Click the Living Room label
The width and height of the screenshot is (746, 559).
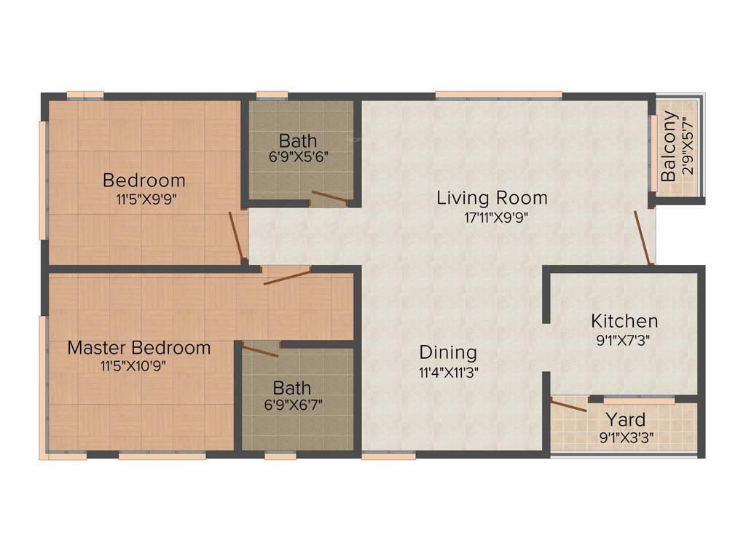[492, 197]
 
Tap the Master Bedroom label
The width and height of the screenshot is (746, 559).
[138, 348]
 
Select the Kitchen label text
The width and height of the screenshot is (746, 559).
[624, 320]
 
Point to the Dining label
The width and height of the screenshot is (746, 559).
[448, 353]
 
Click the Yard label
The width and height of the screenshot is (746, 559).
[626, 420]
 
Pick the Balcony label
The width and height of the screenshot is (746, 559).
[669, 147]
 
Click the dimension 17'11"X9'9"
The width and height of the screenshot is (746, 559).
[492, 216]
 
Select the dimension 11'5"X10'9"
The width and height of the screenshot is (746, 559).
[133, 366]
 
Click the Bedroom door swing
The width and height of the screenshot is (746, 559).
[236, 236]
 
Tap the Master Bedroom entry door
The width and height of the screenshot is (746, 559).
[287, 276]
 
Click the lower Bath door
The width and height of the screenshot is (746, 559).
[260, 351]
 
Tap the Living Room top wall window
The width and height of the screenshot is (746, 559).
[498, 94]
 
